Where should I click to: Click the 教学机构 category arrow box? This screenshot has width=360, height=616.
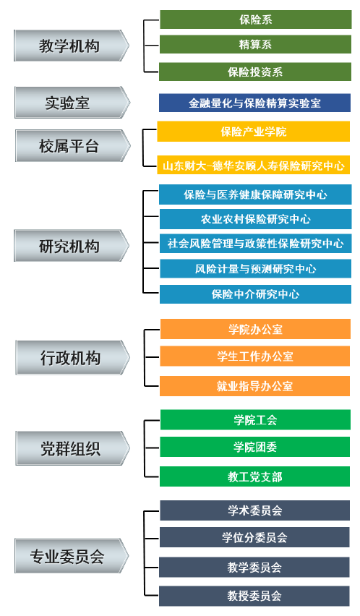[x=72, y=46]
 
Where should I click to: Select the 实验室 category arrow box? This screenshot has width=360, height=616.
[x=72, y=103]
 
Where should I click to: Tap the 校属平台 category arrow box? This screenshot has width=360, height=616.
[x=72, y=146]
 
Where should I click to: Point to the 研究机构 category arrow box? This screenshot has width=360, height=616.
[x=72, y=246]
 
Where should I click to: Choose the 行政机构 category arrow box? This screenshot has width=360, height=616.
[x=72, y=357]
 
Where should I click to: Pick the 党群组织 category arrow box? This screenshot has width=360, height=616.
[x=72, y=448]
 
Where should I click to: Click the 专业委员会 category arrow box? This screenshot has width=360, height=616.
[x=72, y=556]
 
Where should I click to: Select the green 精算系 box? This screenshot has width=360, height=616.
[x=255, y=44]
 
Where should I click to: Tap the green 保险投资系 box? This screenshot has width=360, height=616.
[x=255, y=72]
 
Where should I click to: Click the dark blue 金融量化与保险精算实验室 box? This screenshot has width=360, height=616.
[x=254, y=103]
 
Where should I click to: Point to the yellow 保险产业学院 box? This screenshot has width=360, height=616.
[x=254, y=131]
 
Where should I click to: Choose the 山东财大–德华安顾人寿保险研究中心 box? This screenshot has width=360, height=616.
[x=254, y=166]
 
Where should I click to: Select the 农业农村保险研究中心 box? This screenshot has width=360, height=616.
[x=256, y=219]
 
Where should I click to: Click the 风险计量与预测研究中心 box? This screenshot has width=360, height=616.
[x=256, y=269]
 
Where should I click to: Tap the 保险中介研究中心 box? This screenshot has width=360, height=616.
[x=256, y=294]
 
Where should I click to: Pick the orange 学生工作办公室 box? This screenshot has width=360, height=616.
[x=255, y=356]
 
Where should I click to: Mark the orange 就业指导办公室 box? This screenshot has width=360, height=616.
[x=254, y=386]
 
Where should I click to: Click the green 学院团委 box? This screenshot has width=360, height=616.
[x=255, y=447]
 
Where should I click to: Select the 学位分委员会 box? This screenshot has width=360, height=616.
[x=254, y=537]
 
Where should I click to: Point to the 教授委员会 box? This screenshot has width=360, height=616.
[x=254, y=596]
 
